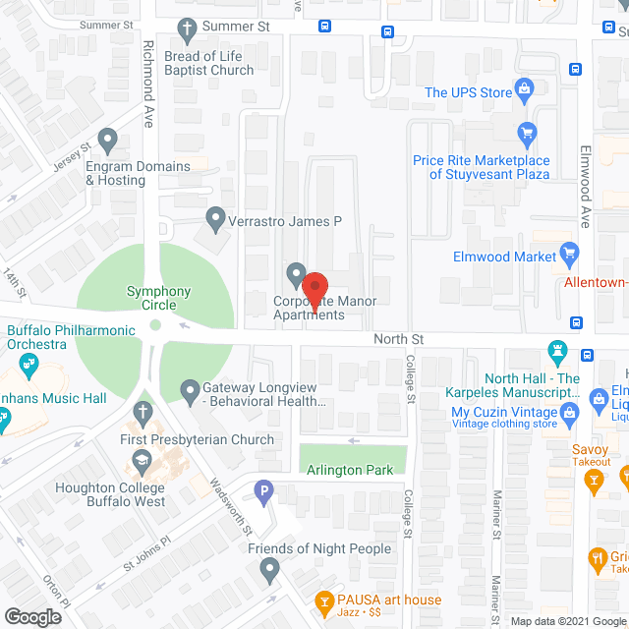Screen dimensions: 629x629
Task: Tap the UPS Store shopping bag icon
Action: [525, 92]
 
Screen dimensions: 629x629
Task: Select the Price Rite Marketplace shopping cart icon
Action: [527, 132]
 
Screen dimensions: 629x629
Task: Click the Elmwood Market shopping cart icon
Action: [568, 255]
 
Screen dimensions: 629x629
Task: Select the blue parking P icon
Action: [262, 489]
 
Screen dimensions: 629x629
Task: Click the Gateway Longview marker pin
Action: [191, 392]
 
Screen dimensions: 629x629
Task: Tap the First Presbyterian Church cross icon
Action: [142, 413]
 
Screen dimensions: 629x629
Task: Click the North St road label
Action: [398, 339]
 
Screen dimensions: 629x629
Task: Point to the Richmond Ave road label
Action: [149, 84]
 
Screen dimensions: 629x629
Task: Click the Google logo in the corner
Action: [31, 617]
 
